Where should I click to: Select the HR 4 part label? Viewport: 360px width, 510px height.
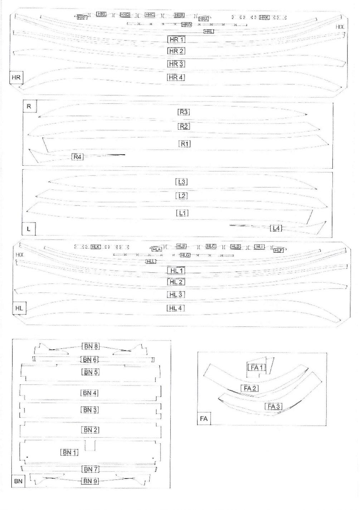tap(176, 77)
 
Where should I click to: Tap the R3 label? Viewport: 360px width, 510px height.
tap(184, 112)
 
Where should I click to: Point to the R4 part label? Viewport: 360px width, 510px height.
tap(77, 156)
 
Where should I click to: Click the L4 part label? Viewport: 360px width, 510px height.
tap(276, 228)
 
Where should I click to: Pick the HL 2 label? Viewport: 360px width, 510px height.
tap(176, 282)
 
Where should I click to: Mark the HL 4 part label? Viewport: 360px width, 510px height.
tap(176, 308)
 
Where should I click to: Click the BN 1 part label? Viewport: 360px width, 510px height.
tap(69, 452)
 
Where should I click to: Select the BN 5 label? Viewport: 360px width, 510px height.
tap(90, 372)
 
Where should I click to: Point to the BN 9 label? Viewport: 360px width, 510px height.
tap(90, 481)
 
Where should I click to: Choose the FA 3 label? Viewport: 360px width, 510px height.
tap(274, 406)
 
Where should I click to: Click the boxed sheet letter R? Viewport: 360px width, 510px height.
tap(29, 106)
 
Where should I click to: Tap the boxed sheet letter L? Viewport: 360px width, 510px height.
tap(29, 228)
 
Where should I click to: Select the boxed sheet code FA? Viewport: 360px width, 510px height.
tap(204, 418)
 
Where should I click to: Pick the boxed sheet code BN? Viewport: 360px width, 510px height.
tap(18, 481)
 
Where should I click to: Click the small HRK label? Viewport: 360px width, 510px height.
tap(264, 17)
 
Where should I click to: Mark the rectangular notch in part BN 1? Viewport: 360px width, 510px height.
tap(90, 446)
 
